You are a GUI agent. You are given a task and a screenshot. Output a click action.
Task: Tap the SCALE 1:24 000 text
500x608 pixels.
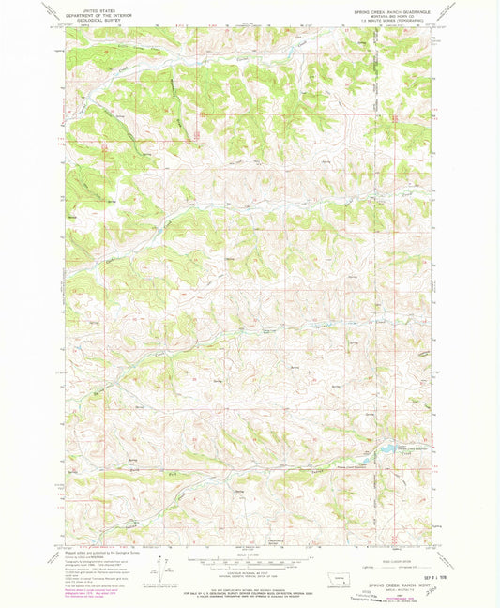coord(250,551)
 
